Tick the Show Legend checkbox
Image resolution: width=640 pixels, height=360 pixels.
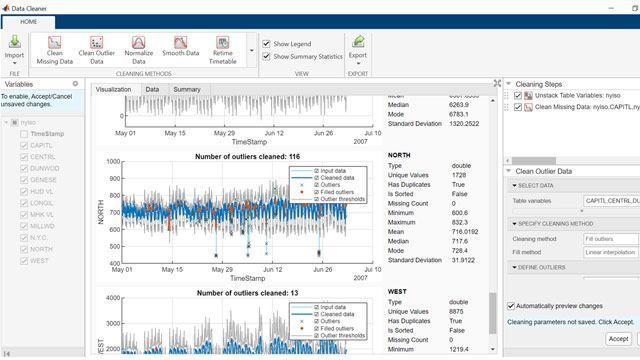tap(267, 43)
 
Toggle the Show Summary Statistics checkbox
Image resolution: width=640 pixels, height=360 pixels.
tap(267, 56)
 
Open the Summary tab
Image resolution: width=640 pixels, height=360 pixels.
tap(186, 89)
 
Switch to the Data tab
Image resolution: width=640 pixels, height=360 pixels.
tap(152, 89)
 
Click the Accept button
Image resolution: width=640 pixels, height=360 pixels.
tap(618, 339)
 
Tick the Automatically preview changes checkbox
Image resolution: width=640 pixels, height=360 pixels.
tap(513, 306)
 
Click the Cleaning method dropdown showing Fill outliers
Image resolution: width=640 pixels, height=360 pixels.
tap(611, 239)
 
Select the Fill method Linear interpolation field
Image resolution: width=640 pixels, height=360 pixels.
tap(611, 253)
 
